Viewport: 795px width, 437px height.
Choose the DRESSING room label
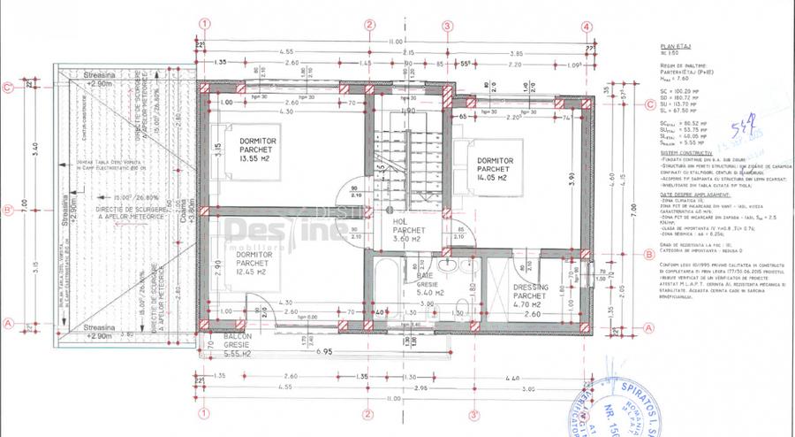[x=530, y=287]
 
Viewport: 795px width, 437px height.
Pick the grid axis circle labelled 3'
[x=473, y=413]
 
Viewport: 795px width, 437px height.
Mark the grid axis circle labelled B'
[x=8, y=211]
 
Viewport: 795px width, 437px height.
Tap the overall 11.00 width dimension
[x=394, y=42]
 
